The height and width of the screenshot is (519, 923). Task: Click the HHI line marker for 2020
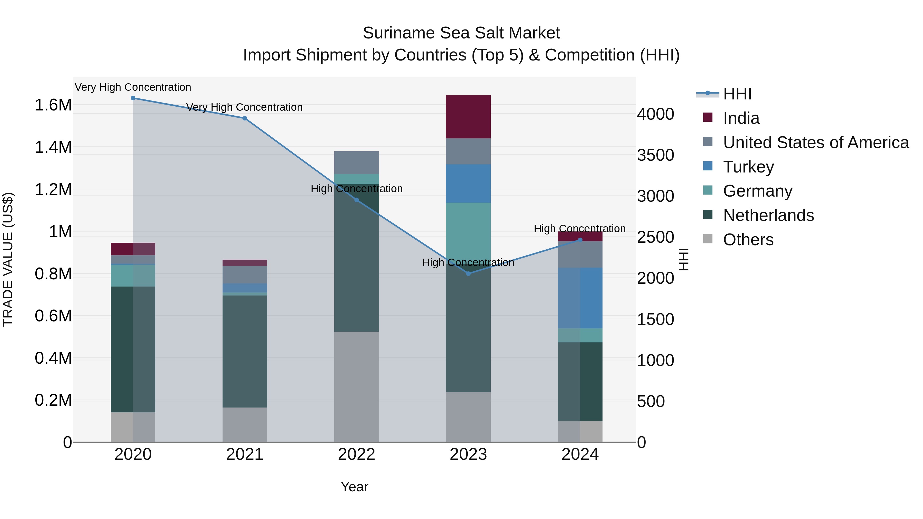point(133,98)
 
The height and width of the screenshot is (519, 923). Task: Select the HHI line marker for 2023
point(468,274)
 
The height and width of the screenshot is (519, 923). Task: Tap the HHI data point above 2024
point(580,240)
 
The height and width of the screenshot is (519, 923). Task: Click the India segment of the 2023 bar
point(468,117)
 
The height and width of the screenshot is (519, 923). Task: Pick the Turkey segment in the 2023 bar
point(468,184)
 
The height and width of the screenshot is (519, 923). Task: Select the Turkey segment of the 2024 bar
point(580,298)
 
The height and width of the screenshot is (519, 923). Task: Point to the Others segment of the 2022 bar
point(357,387)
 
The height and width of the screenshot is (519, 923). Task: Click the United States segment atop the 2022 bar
point(357,162)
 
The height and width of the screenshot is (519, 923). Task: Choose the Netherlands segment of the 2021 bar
point(245,351)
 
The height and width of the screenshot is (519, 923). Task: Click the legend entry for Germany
point(757,191)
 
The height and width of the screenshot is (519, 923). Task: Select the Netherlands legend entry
point(768,215)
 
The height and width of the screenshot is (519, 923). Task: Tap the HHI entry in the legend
point(737,94)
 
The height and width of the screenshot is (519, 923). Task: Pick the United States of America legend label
point(816,143)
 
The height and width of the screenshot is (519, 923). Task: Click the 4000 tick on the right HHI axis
point(655,114)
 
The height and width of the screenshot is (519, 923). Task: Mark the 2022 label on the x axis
point(357,454)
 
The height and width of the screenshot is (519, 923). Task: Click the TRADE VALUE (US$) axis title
point(8,259)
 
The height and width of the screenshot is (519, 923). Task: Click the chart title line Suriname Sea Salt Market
point(461,33)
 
